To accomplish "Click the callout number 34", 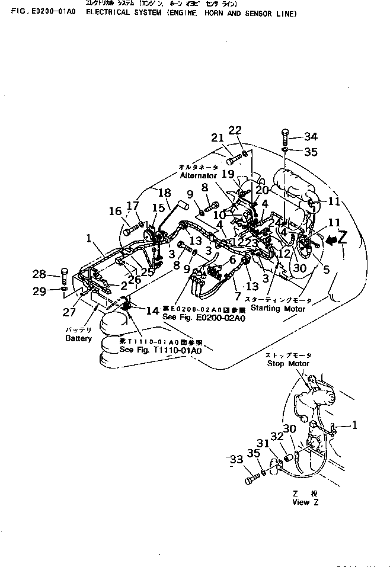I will click(x=311, y=136).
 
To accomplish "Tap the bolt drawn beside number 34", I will click(x=286, y=136).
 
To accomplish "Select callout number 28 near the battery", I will click(x=39, y=274).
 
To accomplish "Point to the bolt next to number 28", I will click(x=64, y=274).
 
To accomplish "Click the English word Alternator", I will click(x=199, y=176).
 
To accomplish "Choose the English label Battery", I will click(x=79, y=338).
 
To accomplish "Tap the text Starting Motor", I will click(x=277, y=309).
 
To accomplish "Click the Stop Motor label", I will click(x=288, y=363).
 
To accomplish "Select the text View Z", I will click(x=305, y=502).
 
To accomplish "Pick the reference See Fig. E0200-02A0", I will click(x=203, y=318).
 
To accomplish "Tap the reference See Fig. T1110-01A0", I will click(x=161, y=350).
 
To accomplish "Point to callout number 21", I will click(x=216, y=138).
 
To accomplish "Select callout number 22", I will click(x=235, y=130).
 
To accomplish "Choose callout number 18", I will click(x=164, y=193).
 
